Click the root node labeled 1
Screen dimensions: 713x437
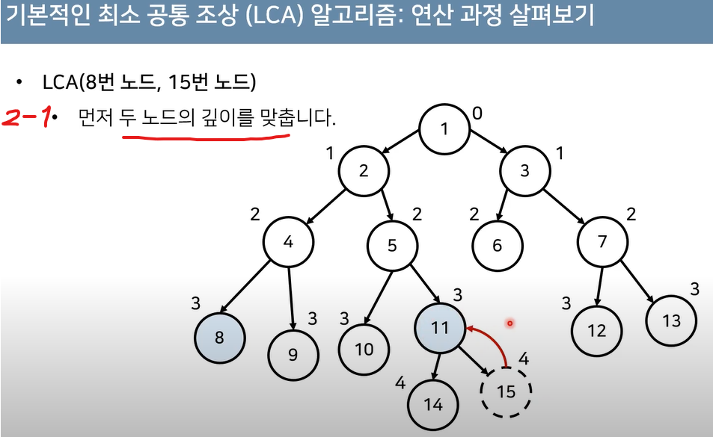click(444, 128)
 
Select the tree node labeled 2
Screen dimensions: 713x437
click(364, 170)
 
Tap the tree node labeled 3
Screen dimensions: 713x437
click(524, 170)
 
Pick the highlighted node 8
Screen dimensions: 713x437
click(219, 337)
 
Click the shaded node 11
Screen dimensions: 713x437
click(439, 328)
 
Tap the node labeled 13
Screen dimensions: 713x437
click(672, 320)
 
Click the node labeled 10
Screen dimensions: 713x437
click(364, 349)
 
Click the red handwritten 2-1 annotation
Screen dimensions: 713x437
click(27, 117)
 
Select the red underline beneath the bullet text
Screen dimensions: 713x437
click(205, 137)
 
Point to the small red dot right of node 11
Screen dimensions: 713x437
click(509, 323)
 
